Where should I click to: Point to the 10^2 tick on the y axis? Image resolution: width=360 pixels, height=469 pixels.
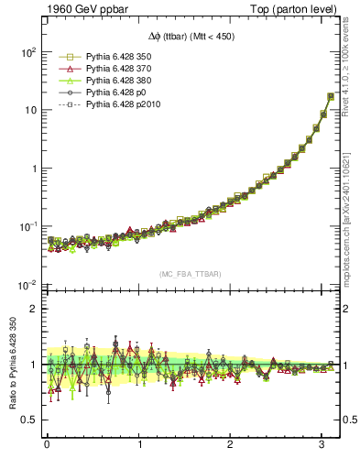click(x=26, y=51)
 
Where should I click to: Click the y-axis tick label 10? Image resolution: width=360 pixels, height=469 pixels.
click(x=28, y=110)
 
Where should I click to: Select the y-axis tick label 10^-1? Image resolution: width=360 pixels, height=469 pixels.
click(x=26, y=226)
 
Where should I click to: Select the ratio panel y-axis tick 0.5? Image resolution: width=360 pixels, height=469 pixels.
click(x=28, y=420)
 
